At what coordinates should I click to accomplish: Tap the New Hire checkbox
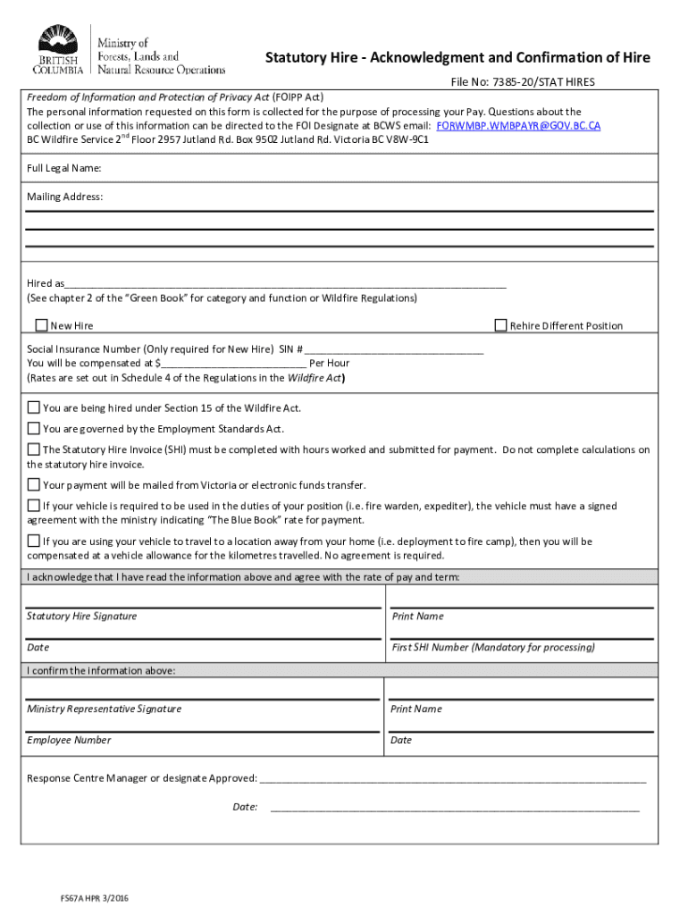click(41, 325)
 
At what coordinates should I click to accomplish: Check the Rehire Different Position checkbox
click(501, 325)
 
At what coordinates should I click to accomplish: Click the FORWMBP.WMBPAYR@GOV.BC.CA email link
click(518, 126)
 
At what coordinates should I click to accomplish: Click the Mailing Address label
click(64, 196)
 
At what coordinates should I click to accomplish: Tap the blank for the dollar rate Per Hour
click(233, 363)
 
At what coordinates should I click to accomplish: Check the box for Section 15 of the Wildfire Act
click(34, 407)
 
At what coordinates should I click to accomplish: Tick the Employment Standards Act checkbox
click(34, 429)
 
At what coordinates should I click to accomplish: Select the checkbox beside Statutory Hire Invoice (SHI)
click(34, 449)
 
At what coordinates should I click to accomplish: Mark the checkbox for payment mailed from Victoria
click(34, 484)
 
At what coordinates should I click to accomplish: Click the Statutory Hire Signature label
click(81, 617)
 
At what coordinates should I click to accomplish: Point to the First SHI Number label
click(492, 647)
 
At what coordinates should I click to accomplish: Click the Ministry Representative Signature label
click(104, 709)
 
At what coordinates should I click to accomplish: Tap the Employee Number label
click(69, 740)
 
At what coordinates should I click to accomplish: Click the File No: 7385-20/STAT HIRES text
click(522, 82)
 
